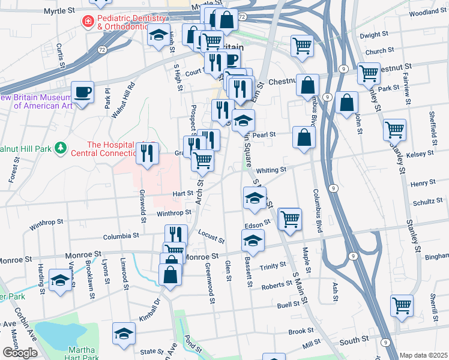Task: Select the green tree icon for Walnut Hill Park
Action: point(59,147)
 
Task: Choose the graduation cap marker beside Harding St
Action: point(60,280)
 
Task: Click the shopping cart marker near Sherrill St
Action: point(402,305)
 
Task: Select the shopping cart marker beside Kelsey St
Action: point(395,130)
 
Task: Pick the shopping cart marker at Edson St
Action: point(290,219)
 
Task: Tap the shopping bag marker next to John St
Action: point(347,103)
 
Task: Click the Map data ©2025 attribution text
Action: point(424,355)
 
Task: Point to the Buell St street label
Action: point(288,305)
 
